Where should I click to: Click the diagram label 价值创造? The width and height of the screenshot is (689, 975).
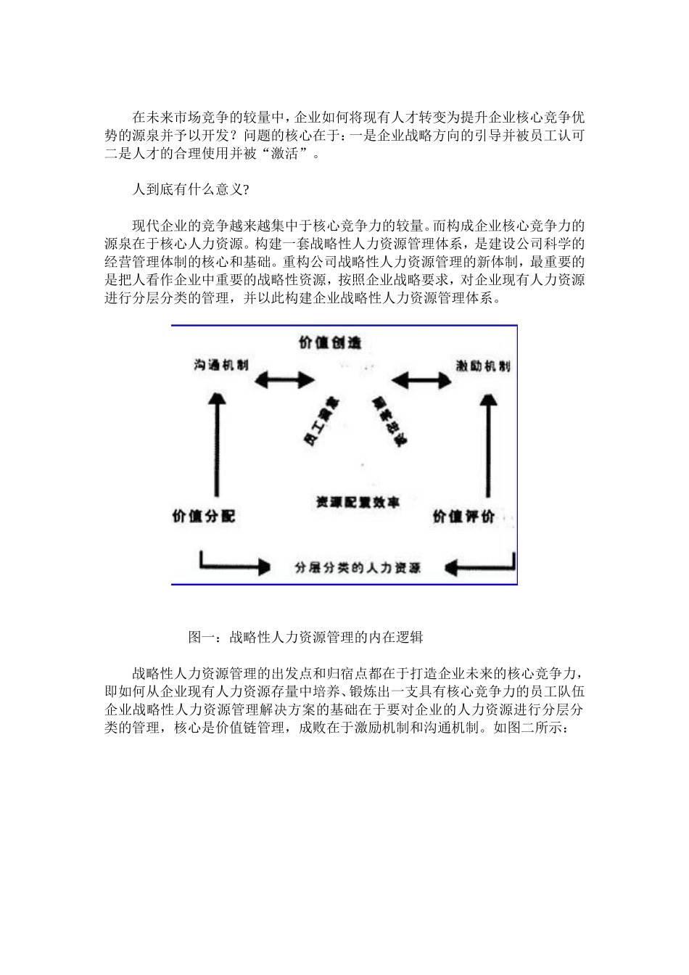click(x=330, y=342)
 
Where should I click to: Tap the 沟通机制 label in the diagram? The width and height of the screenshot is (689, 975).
click(x=221, y=365)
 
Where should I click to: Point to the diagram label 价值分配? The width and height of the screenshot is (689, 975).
click(x=204, y=517)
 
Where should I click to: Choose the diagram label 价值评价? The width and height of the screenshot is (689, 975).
click(x=463, y=517)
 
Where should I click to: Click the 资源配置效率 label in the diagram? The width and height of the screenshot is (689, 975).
click(x=357, y=502)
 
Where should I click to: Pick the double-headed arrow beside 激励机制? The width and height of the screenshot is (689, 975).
click(x=421, y=379)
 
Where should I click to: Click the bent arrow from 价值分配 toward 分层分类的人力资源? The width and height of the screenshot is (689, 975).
click(x=228, y=564)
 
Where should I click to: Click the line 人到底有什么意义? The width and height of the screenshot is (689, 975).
click(x=191, y=189)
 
